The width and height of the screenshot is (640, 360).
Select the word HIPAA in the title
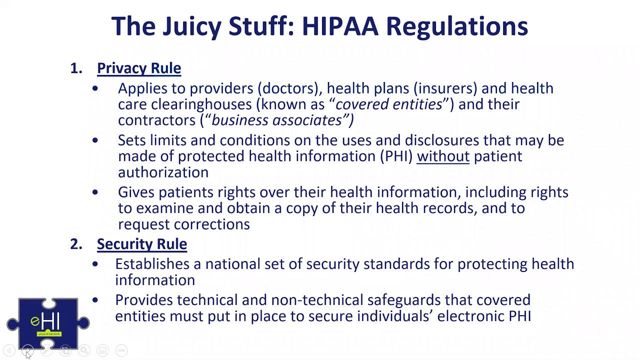click(340, 26)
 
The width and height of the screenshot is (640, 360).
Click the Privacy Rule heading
click(139, 68)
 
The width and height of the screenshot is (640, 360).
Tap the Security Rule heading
click(142, 244)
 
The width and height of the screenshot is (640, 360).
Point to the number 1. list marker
click(76, 68)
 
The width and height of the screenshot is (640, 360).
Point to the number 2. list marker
click(76, 244)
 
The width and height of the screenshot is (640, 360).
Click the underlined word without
click(443, 156)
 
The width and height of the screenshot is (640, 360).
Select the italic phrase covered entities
click(388, 104)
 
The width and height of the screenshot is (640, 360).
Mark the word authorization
click(163, 172)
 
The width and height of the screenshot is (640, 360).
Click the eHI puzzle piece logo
click(48, 323)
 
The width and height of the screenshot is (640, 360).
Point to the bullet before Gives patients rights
click(95, 192)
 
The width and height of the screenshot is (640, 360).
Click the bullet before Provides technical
click(95, 300)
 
